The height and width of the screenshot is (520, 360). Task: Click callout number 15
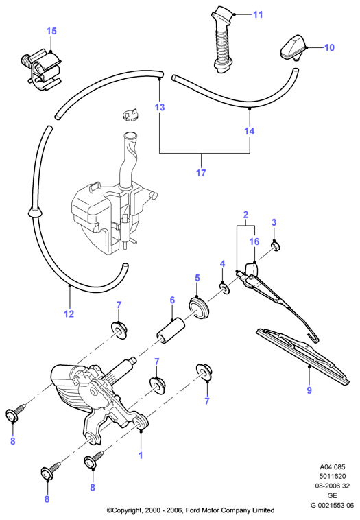[51, 31]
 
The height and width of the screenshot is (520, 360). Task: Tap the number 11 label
[258, 14]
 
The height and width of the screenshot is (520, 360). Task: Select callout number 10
[329, 47]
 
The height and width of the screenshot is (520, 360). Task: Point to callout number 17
[201, 172]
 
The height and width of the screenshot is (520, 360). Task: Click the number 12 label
[69, 314]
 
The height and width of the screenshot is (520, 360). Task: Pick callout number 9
[309, 390]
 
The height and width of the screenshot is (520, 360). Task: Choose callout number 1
[141, 455]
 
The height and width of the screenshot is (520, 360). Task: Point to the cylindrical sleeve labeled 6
[171, 331]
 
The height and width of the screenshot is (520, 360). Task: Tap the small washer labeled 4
[224, 288]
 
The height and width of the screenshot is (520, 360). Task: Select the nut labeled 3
[276, 246]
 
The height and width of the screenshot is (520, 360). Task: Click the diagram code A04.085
[332, 467]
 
